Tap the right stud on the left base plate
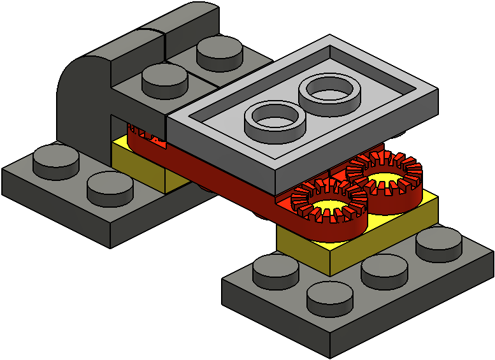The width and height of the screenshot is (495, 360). pyautogui.click(x=110, y=185)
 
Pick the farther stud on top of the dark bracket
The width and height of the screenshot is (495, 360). pyautogui.click(x=219, y=51)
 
